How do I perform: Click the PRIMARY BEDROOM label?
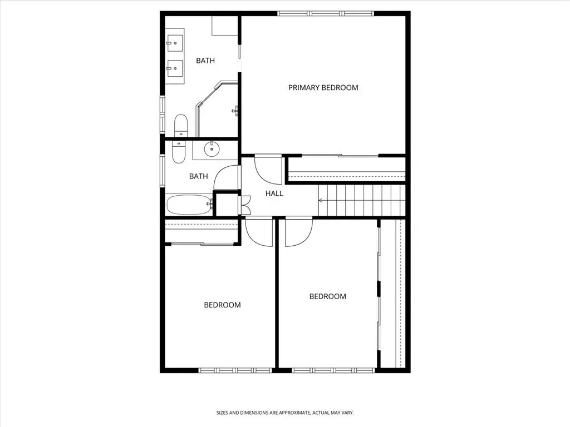click(323, 87)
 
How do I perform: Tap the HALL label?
click(274, 193)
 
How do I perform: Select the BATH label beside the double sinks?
click(205, 61)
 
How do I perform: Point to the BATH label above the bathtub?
click(199, 176)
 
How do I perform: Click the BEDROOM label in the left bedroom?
click(222, 305)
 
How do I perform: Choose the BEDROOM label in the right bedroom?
click(327, 296)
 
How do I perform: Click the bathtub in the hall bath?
click(189, 205)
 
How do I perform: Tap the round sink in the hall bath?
click(212, 148)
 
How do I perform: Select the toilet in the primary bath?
click(181, 125)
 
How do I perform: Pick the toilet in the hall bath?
click(179, 152)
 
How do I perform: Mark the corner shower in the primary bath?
click(217, 110)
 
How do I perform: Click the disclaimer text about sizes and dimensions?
click(285, 413)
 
